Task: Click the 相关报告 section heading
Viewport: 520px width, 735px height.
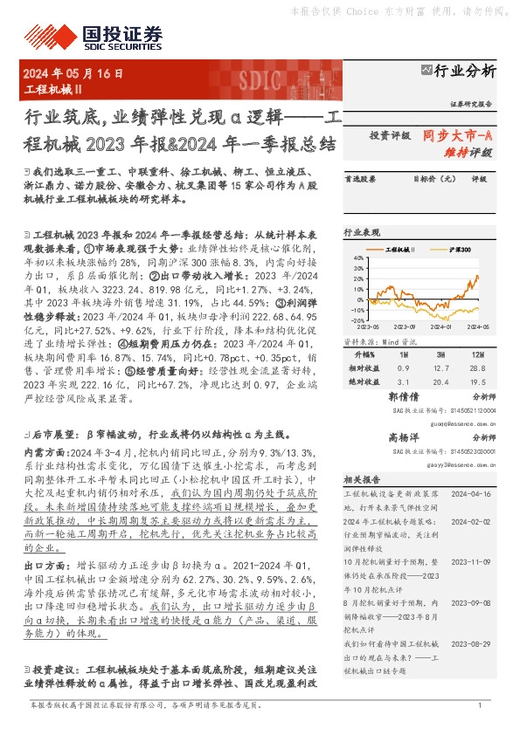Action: coord(361,479)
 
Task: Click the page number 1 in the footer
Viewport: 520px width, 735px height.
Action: coord(480,704)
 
